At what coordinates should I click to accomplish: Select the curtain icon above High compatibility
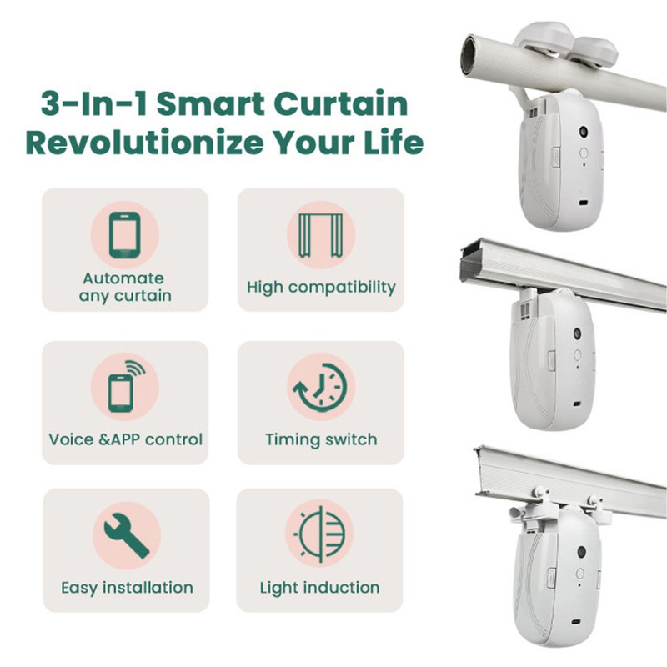click(x=321, y=234)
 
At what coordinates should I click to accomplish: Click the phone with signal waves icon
click(x=125, y=386)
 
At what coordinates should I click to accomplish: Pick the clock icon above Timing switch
click(x=321, y=386)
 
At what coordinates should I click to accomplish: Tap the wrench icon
click(x=125, y=534)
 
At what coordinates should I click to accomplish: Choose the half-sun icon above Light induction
click(x=320, y=534)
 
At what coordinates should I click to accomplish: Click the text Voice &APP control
click(x=125, y=439)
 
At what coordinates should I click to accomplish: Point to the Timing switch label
click(x=321, y=439)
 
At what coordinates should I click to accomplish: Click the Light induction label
click(x=319, y=588)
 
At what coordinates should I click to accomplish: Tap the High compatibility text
click(x=321, y=288)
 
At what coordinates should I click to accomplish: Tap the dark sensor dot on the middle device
click(x=576, y=333)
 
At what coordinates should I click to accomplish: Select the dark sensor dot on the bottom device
click(x=583, y=551)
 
